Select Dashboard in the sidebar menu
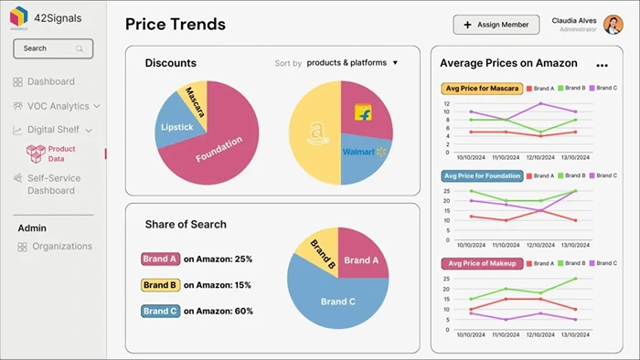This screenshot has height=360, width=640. (50, 81)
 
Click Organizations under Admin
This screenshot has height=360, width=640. (61, 246)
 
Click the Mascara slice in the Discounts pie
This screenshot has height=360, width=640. (195, 101)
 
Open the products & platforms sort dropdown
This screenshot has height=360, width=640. (353, 63)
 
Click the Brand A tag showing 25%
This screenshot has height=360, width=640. (160, 259)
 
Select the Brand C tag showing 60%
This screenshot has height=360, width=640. (160, 311)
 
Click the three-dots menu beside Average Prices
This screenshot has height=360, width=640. (602, 65)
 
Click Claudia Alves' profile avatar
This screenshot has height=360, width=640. (613, 25)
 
